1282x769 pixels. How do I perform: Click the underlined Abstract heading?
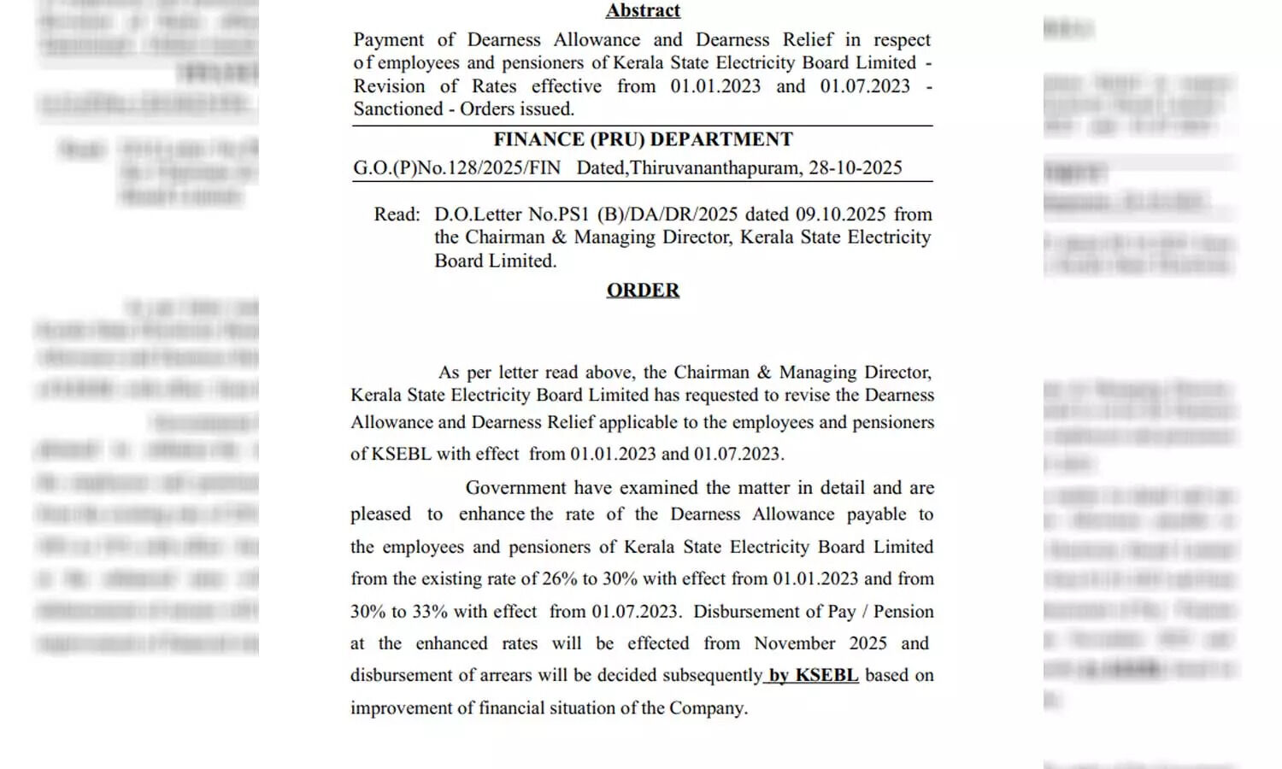[x=643, y=10]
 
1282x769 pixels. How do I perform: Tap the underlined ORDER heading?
[x=643, y=291]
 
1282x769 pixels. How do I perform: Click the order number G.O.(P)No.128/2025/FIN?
[x=456, y=167]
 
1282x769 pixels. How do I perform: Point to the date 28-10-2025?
[x=855, y=167]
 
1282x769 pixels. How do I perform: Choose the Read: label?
[x=397, y=214]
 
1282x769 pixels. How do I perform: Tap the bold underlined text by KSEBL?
[x=813, y=675]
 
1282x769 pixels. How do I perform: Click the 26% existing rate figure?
[x=560, y=578]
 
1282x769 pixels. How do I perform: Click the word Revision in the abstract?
[x=389, y=86]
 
